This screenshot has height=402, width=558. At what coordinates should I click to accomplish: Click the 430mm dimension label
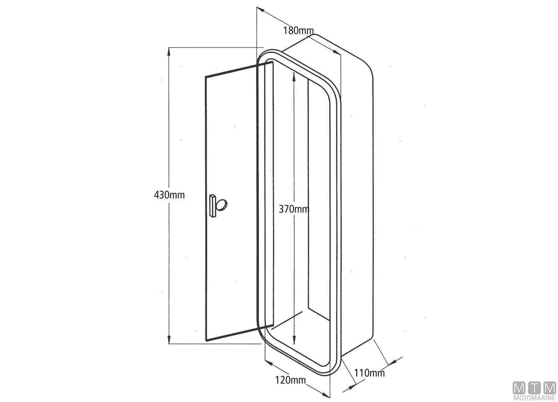169,195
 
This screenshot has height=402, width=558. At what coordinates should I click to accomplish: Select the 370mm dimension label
294,209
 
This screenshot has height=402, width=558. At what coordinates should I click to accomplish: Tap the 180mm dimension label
299,31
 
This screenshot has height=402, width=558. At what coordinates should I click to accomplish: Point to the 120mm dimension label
291,380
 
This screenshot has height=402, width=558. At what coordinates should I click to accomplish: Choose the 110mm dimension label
369,373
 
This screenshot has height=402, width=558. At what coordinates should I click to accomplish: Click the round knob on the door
221,205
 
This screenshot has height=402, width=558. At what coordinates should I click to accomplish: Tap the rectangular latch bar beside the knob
213,206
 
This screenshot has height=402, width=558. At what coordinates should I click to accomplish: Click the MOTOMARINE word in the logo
534,398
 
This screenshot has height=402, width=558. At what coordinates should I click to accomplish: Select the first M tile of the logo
519,388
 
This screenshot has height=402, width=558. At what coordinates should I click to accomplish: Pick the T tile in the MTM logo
534,388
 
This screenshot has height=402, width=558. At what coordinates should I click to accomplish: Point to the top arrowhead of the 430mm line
169,52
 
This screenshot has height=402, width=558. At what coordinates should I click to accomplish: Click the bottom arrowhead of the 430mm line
169,340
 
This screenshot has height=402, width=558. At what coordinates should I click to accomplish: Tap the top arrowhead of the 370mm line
294,77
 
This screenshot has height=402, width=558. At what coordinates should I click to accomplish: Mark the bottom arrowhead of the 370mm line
294,340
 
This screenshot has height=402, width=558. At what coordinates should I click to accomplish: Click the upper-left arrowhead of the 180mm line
260,9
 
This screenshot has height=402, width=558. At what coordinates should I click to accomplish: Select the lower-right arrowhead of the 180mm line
337,52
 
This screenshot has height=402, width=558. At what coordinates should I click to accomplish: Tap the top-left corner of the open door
206,76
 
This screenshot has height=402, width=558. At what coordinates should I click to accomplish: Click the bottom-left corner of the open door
206,341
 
